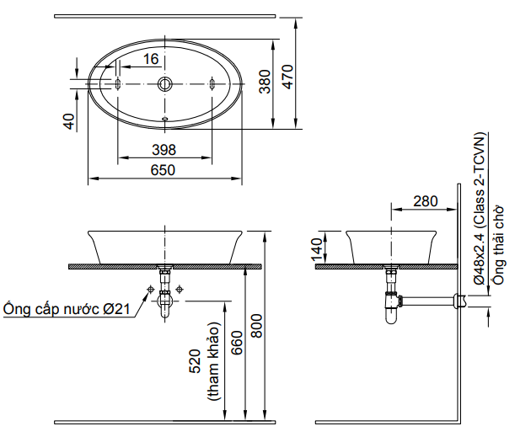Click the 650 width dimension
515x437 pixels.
tap(163, 170)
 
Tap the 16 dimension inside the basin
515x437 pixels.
tap(151, 59)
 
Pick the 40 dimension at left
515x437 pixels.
tap(70, 121)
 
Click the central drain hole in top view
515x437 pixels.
tap(165, 83)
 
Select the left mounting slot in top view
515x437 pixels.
tap(118, 83)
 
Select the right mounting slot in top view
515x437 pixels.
tap(212, 83)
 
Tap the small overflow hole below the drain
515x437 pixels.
tap(165, 118)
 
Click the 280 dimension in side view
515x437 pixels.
tap(426, 200)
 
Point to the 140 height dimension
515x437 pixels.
tap(317, 250)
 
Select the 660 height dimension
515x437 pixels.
tap(237, 341)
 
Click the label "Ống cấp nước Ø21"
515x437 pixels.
tap(66, 309)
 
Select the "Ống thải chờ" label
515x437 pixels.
tap(499, 245)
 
